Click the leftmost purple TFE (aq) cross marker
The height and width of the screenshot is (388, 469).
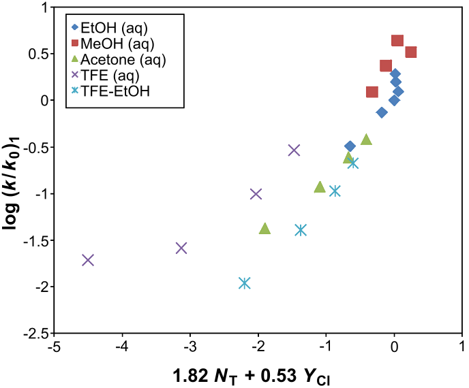coord(88,260)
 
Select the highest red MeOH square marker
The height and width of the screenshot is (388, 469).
coord(397,41)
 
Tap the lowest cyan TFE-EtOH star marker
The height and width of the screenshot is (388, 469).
coord(245,283)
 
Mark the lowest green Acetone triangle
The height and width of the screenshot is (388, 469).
coord(265,229)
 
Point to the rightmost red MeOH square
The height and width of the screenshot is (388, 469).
coord(410,52)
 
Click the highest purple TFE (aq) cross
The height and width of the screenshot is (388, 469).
coord(294,150)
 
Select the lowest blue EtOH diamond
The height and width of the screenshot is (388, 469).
coord(350,146)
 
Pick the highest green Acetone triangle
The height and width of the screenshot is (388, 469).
coord(366,139)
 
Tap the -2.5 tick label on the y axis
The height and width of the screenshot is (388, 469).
coord(34,334)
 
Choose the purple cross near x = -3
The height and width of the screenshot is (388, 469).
coord(181,248)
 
